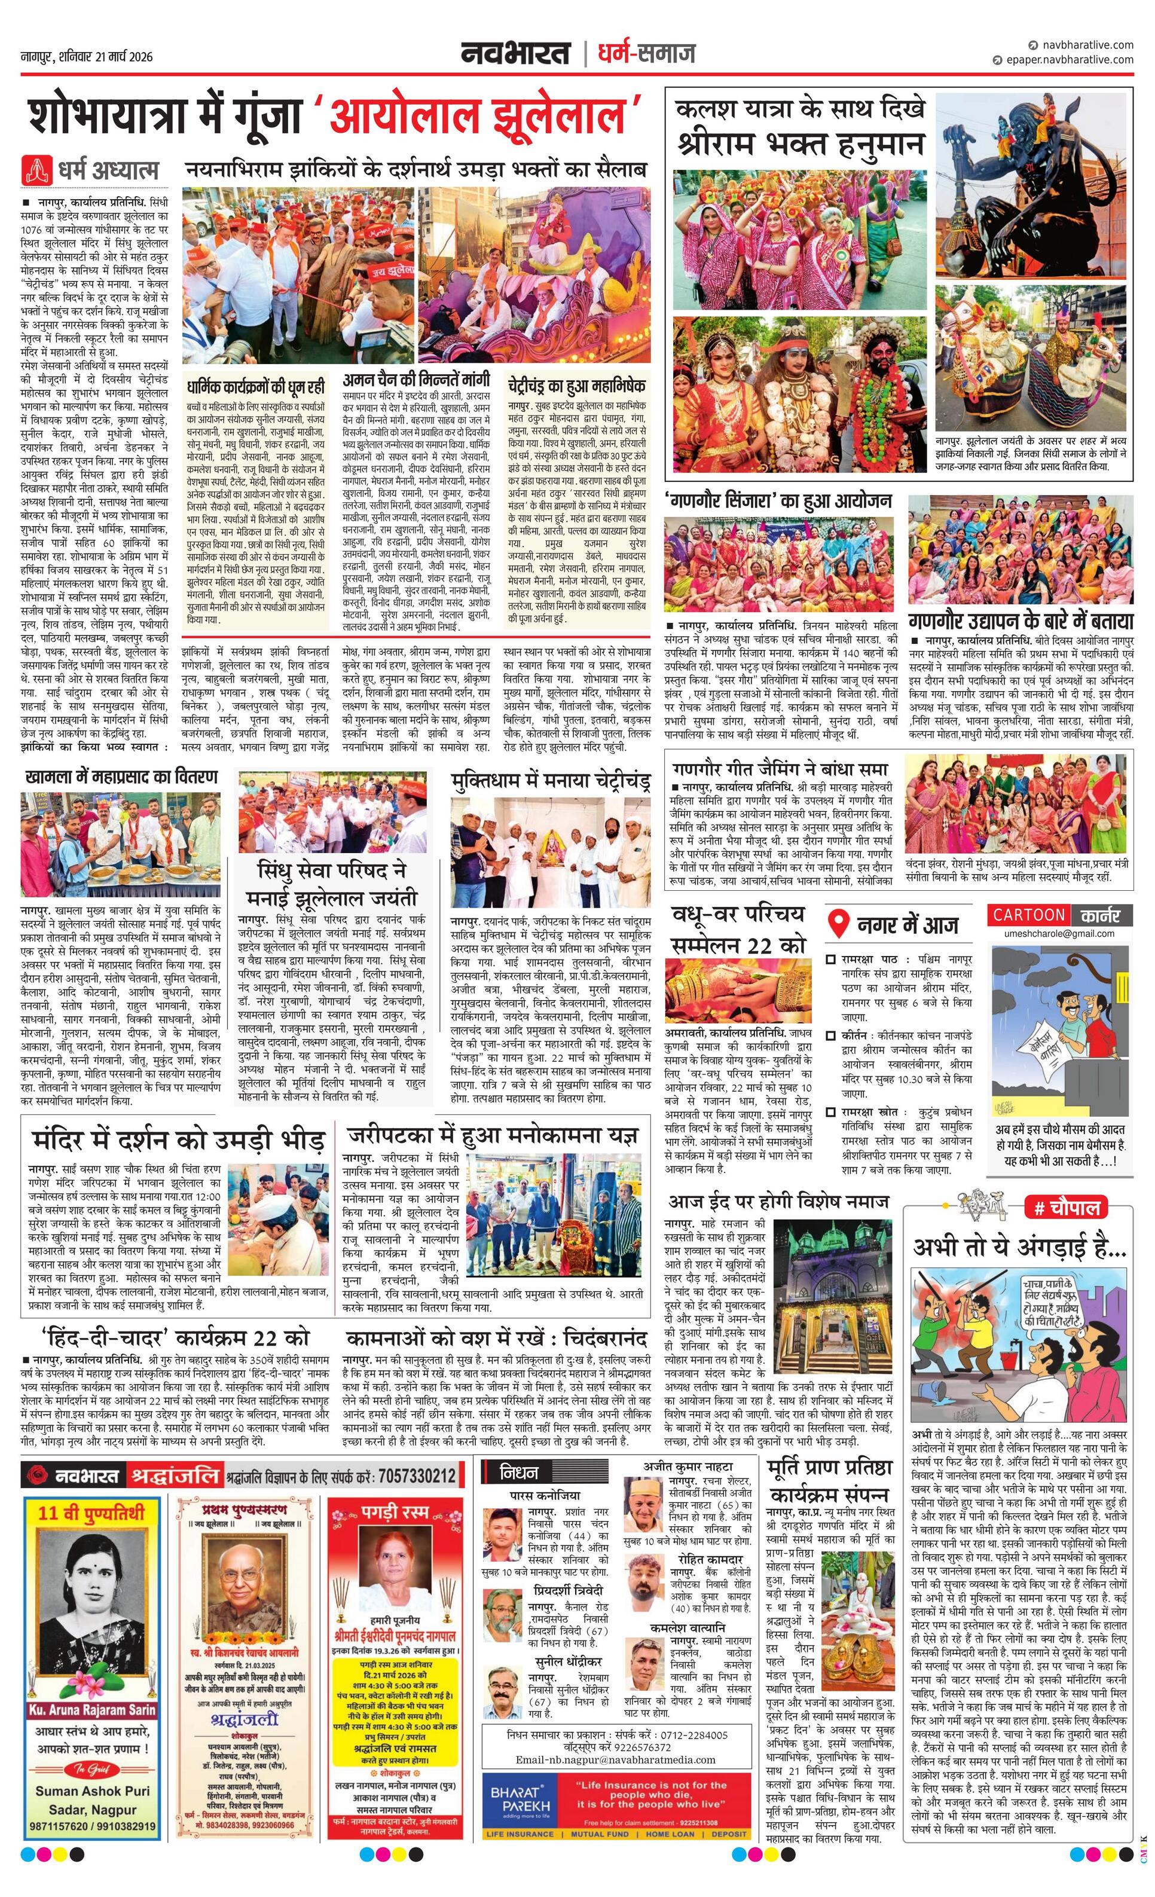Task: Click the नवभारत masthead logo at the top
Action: (x=516, y=53)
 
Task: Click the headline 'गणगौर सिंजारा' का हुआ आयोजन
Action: (x=778, y=500)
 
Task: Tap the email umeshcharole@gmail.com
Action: (x=1059, y=933)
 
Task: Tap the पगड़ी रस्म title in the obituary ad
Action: (x=394, y=1513)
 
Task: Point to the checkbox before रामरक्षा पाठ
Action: (x=830, y=960)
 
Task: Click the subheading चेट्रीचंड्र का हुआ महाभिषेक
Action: (x=576, y=385)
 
